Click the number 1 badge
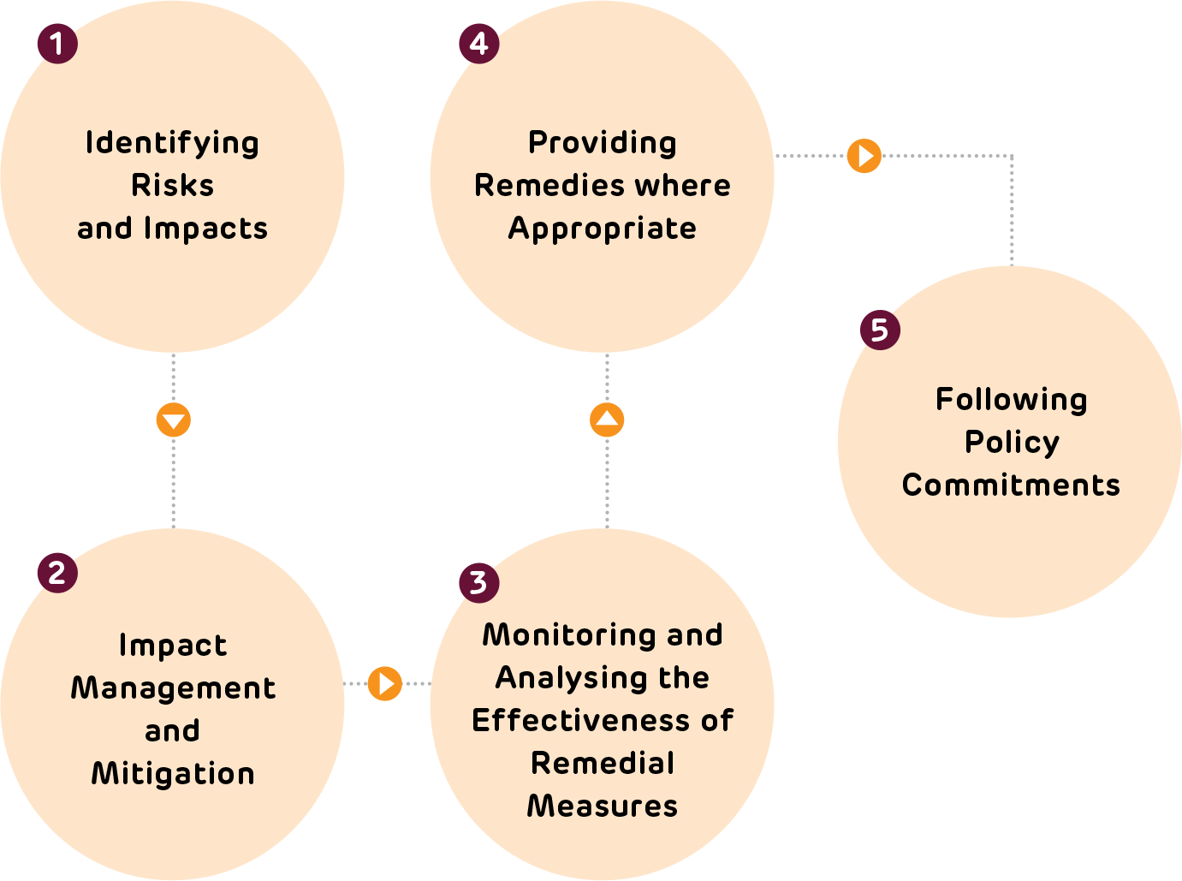[x=57, y=44]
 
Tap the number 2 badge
[x=57, y=573]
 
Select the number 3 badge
[x=478, y=583]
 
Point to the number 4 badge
[x=478, y=44]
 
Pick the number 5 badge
[x=880, y=330]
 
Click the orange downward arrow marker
[x=174, y=420]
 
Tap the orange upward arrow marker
[x=607, y=420]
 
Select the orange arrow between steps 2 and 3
[x=385, y=683]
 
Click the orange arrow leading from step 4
[x=864, y=156]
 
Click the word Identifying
[x=172, y=143]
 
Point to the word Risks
[x=172, y=185]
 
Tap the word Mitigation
[x=173, y=774]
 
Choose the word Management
[x=173, y=688]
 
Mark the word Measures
[x=603, y=807]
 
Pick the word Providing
[x=603, y=143]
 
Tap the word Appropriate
[x=603, y=229]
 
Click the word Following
[x=1012, y=400]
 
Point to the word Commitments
[x=1011, y=485]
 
